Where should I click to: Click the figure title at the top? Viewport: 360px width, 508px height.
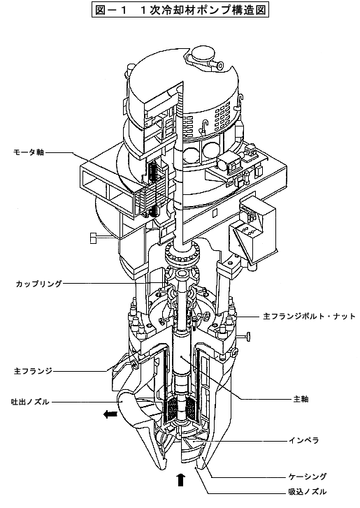[x=180, y=10]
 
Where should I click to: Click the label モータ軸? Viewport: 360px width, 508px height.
[x=29, y=152]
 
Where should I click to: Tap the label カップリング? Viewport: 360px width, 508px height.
[x=39, y=284]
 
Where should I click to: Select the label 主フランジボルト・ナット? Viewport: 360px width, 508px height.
[x=309, y=317]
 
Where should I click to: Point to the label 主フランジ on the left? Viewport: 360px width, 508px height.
[x=33, y=371]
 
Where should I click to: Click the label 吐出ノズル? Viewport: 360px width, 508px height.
[x=30, y=402]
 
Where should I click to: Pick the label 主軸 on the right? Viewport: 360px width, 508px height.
[x=301, y=399]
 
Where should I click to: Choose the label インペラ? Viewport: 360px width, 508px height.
[x=304, y=440]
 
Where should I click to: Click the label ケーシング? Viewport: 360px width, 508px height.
[x=308, y=477]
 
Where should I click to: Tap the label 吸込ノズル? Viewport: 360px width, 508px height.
[x=308, y=492]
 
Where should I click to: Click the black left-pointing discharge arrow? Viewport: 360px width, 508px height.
[x=110, y=414]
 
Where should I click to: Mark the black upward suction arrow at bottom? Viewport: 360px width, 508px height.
[x=180, y=479]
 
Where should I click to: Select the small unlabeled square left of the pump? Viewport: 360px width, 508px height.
[x=94, y=238]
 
